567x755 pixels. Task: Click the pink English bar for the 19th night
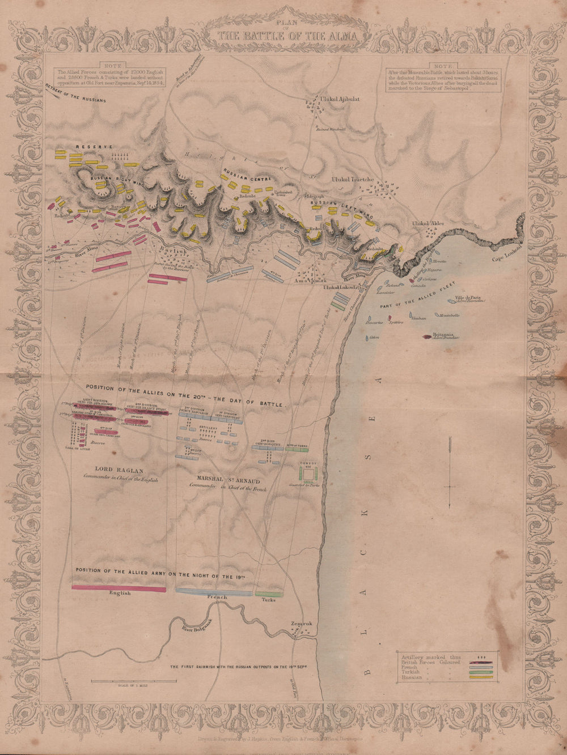point(119,589)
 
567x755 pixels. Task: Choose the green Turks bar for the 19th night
point(269,594)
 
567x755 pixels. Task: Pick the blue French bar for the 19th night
point(214,592)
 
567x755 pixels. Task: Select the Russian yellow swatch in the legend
point(481,677)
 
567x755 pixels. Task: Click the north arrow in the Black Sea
point(449,473)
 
